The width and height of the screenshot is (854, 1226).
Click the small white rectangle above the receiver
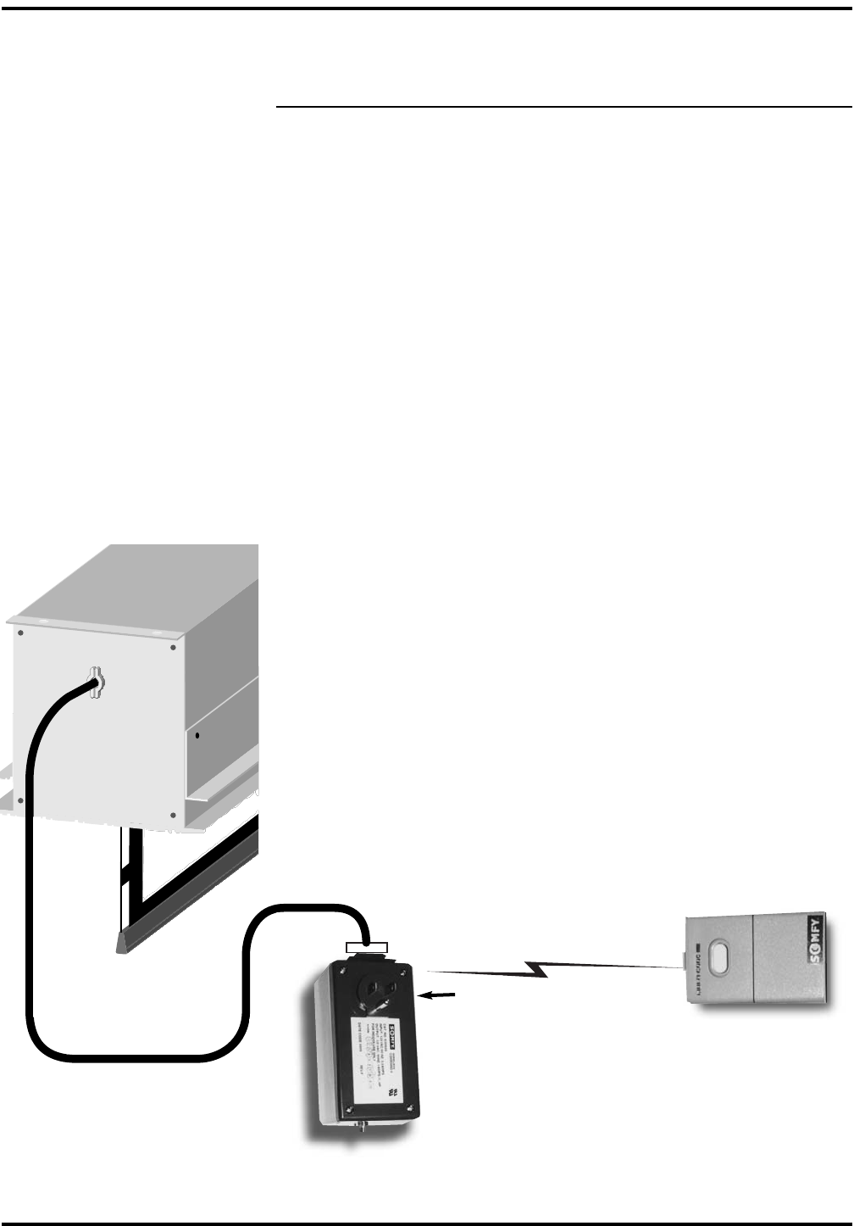tap(367, 946)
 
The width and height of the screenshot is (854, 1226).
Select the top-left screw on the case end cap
tap(20, 632)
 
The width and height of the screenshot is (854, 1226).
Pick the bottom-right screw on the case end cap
tap(173, 814)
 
